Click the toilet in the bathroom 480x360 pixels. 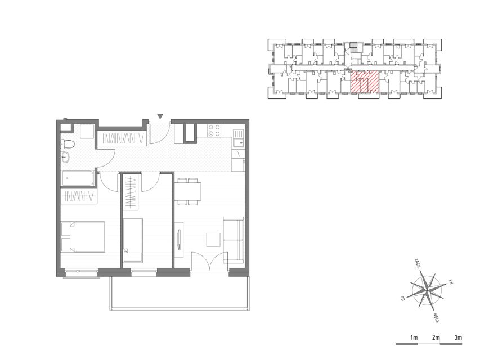[68, 144]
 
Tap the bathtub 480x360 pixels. [78, 178]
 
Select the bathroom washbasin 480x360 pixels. [65, 157]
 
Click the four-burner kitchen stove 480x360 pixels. [214, 130]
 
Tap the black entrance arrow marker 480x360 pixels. [160, 116]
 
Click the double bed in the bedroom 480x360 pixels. [83, 237]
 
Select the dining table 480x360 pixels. [188, 191]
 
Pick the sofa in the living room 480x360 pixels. [234, 240]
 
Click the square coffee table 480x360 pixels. [213, 240]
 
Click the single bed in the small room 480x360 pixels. [133, 240]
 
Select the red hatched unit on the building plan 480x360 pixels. [365, 82]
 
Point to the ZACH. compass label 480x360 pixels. [416, 264]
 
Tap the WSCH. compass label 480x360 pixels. [437, 318]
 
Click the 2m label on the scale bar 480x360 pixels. [436, 338]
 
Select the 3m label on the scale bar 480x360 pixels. [458, 338]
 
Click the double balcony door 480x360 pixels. [209, 262]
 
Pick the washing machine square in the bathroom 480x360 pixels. [87, 131]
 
